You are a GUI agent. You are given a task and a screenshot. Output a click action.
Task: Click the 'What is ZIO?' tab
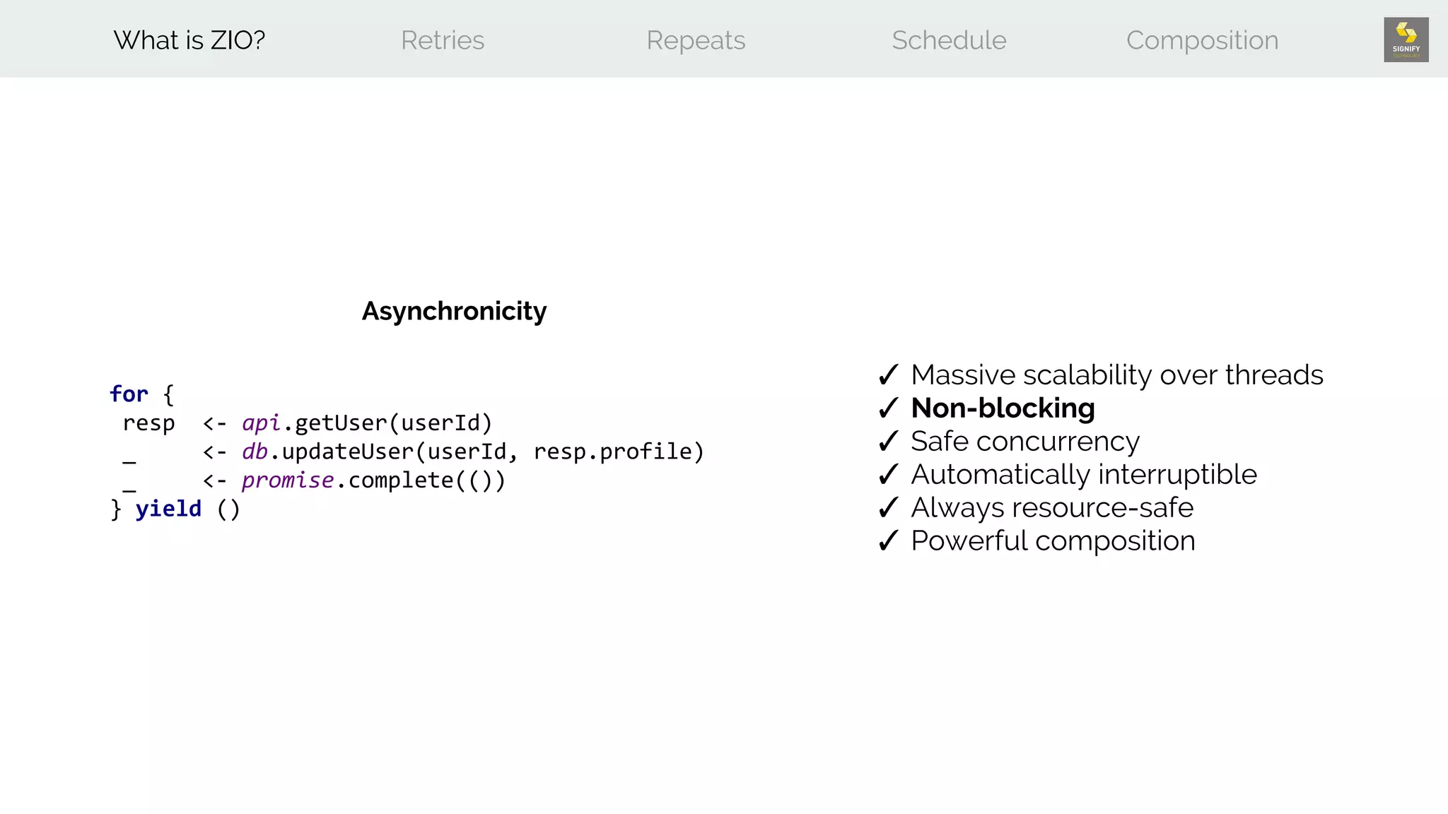point(189,40)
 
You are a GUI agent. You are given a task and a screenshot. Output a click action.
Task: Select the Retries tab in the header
point(443,40)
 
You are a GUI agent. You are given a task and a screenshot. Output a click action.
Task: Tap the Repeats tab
point(696,40)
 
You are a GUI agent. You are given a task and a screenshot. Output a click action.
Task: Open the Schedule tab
point(949,40)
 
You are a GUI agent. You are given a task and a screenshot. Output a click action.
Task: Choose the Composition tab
point(1202,40)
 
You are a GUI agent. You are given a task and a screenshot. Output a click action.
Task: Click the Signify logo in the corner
point(1406,40)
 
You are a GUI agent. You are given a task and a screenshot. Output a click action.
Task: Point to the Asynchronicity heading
point(454,311)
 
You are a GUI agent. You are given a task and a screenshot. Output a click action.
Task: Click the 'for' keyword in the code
point(129,394)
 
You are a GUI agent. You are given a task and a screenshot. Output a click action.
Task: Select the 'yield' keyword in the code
point(168,509)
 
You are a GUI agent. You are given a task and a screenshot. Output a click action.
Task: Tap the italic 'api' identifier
point(261,423)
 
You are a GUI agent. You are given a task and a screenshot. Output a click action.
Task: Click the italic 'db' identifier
point(255,452)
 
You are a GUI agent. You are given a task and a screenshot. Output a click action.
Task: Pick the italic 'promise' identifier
point(287,480)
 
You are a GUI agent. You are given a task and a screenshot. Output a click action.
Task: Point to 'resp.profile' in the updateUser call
point(612,452)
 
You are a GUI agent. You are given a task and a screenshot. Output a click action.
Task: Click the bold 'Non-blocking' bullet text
point(1003,408)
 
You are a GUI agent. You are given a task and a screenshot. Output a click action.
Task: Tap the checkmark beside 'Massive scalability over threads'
point(888,375)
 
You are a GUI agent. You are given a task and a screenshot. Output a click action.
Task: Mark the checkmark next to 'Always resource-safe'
point(888,508)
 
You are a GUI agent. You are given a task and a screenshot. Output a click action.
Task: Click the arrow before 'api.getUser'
point(214,423)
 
